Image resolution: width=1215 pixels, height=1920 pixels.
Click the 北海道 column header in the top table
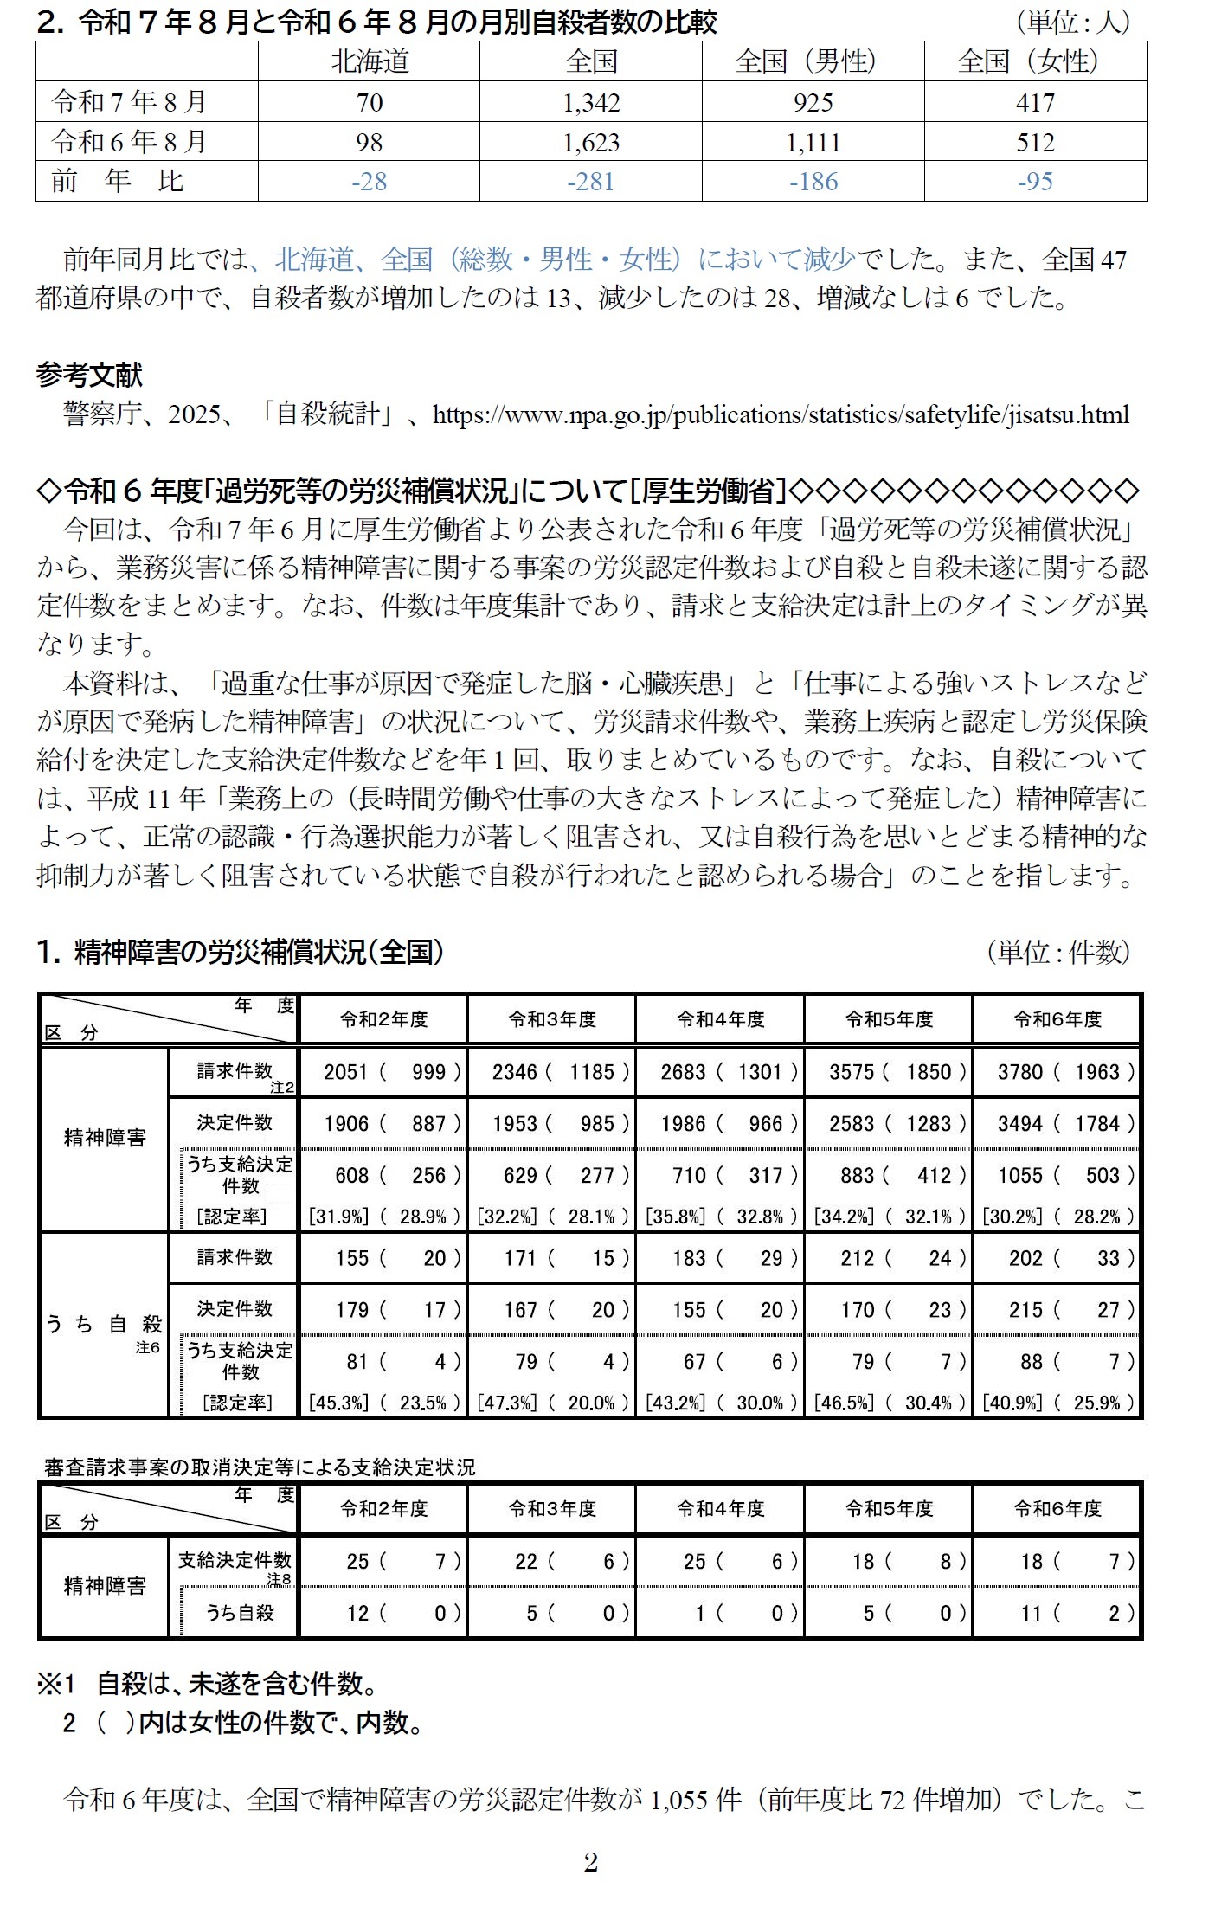click(369, 61)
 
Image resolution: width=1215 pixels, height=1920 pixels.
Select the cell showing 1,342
click(591, 102)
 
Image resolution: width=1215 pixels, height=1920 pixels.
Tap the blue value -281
click(591, 182)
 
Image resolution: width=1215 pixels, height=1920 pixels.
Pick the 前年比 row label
click(117, 182)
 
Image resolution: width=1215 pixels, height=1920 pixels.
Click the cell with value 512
click(1035, 142)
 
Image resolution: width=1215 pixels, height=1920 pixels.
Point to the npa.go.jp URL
click(781, 414)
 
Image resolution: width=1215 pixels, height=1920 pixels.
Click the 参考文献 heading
click(89, 375)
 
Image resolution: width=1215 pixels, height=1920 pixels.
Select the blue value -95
click(1035, 182)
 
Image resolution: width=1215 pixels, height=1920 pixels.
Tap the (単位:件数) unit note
click(1057, 952)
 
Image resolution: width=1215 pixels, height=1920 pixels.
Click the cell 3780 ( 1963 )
click(1057, 1072)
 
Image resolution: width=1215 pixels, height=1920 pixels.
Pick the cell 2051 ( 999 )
click(383, 1072)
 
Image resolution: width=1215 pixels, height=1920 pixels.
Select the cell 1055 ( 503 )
click(1057, 1175)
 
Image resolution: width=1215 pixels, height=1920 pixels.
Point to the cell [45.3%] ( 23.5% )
click(383, 1402)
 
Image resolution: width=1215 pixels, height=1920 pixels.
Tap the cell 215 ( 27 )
click(1057, 1309)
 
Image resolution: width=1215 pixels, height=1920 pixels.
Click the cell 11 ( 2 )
click(1057, 1613)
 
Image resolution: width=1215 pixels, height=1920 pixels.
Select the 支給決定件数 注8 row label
click(235, 1562)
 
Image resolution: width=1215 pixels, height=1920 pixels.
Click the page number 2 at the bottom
click(591, 1862)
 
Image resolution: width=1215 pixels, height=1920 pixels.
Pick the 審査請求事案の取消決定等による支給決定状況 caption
click(260, 1467)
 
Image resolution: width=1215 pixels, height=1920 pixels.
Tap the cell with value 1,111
click(813, 142)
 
